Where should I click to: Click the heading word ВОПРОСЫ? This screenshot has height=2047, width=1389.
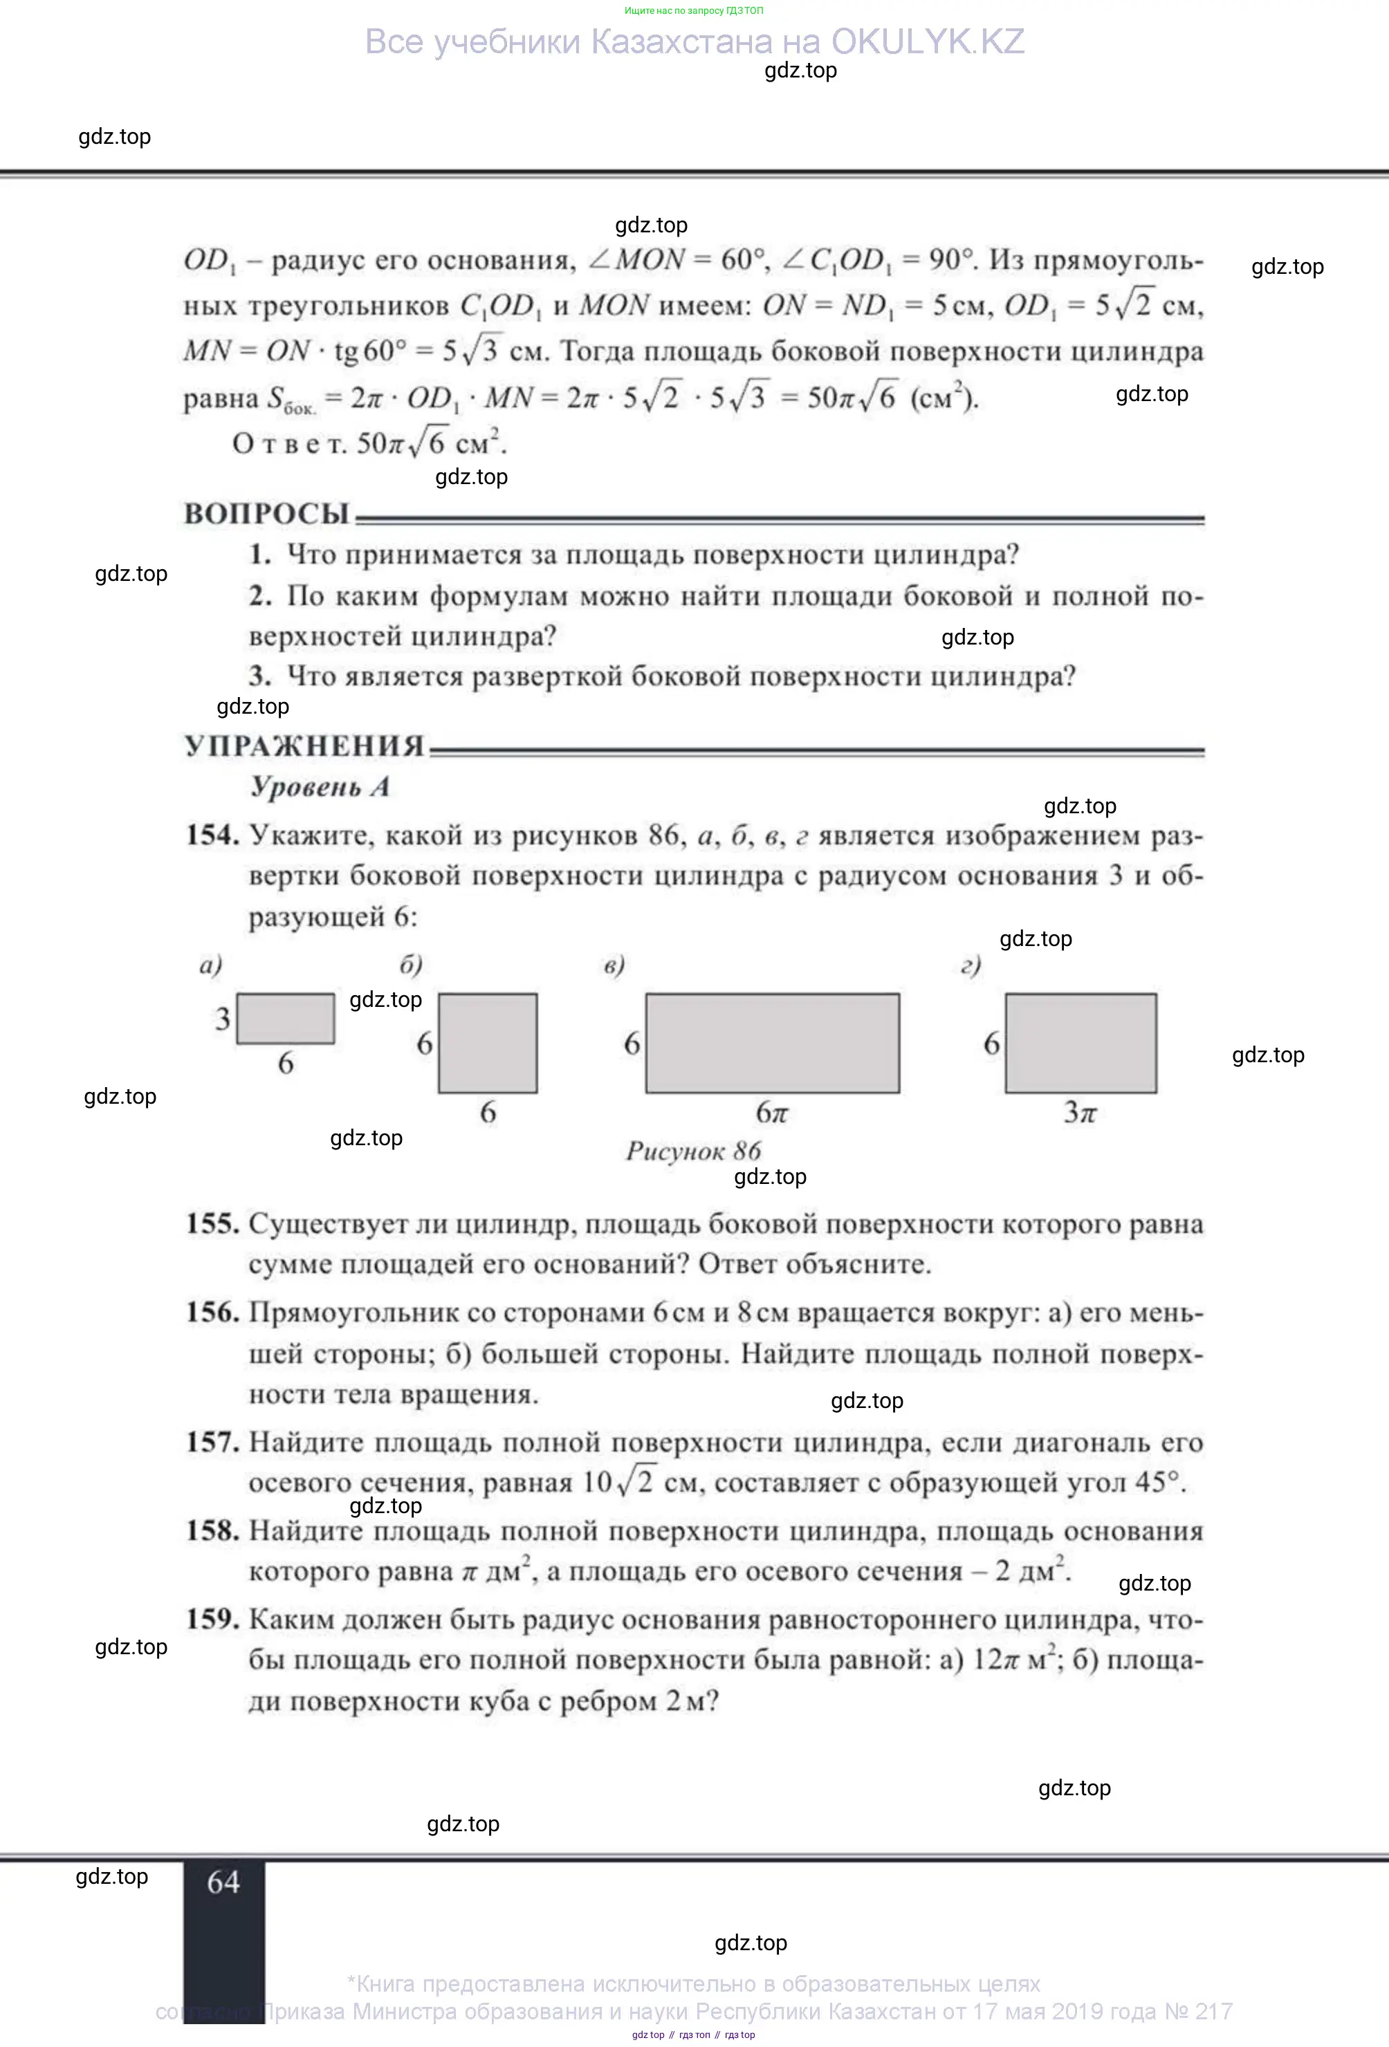coord(266,514)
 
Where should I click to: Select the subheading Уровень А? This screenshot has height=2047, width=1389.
coord(320,786)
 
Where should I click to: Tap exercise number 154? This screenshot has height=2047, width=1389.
coord(212,835)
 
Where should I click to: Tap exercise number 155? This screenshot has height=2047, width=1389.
coord(212,1223)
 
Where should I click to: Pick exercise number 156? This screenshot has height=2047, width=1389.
coord(212,1313)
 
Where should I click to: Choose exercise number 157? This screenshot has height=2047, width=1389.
coord(212,1442)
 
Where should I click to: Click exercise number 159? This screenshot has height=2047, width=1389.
coord(212,1619)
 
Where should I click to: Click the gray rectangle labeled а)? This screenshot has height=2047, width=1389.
coord(286,1018)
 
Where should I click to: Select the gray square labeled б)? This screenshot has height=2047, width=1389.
coord(488,1043)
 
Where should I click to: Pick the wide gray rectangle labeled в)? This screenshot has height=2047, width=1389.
coord(773,1043)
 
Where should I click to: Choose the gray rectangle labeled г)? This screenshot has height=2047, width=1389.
coord(1080,1043)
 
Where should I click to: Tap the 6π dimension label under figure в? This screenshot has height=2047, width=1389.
coord(771,1113)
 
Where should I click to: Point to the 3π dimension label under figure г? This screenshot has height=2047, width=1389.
coord(1080,1113)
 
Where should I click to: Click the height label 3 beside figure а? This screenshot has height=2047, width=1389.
coord(223,1019)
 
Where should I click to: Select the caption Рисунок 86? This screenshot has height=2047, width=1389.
coord(693,1150)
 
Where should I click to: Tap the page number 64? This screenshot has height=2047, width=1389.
coord(223,1882)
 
